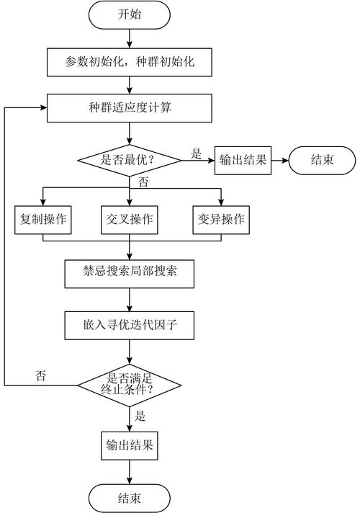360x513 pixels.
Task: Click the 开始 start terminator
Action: (130, 14)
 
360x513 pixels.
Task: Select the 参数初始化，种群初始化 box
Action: (130, 63)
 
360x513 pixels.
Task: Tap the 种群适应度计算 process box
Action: (130, 109)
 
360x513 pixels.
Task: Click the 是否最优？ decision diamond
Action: (130, 159)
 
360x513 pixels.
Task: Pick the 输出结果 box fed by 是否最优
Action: (241, 159)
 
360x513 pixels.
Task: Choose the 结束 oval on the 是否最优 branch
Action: (322, 159)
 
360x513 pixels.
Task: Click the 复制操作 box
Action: (42, 220)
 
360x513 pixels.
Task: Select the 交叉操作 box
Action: (130, 220)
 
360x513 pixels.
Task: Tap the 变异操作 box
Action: (221, 220)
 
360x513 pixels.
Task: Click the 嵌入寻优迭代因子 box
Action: (130, 325)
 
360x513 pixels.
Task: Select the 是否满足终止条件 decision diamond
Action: (130, 385)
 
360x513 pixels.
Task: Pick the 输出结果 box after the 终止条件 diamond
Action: (130, 445)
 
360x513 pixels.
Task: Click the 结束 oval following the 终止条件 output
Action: (130, 497)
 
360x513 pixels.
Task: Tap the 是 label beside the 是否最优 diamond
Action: (196, 153)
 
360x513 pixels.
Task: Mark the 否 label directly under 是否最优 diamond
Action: (143, 182)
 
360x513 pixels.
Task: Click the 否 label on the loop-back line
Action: (41, 375)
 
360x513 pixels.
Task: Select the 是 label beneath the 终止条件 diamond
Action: (140, 416)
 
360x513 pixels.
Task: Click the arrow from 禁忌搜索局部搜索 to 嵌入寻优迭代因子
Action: (130, 298)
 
